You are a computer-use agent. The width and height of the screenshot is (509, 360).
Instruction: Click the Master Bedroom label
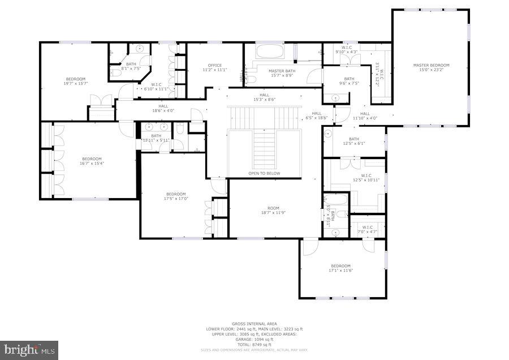[x=431, y=68]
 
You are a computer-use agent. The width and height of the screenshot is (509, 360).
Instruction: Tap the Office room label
[x=215, y=67]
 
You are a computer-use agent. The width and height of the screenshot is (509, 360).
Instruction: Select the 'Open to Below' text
[x=264, y=173]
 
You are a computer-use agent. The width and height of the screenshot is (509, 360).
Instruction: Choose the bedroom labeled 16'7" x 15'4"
[x=92, y=161]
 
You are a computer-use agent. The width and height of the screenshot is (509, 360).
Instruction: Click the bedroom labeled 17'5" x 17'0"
[x=176, y=196]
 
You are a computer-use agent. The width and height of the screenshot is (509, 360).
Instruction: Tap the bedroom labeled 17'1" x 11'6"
[x=340, y=268]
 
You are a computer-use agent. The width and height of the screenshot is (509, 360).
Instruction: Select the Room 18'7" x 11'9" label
[x=274, y=210]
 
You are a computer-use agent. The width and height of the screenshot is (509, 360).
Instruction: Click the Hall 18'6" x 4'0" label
[x=163, y=108]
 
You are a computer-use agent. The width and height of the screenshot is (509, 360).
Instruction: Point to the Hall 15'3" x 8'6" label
[x=264, y=97]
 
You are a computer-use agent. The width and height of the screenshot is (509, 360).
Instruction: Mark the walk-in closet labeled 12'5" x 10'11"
[x=365, y=178]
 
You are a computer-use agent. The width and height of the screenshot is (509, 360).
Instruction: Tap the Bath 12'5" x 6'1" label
[x=354, y=141]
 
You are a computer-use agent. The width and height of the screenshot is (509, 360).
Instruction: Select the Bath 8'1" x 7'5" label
[x=131, y=66]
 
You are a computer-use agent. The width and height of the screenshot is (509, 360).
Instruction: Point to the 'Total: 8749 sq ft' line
[x=254, y=345]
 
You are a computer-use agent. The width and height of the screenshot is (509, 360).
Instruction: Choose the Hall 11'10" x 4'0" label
[x=365, y=115]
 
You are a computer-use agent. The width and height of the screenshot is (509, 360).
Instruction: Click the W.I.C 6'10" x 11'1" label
[x=157, y=87]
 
